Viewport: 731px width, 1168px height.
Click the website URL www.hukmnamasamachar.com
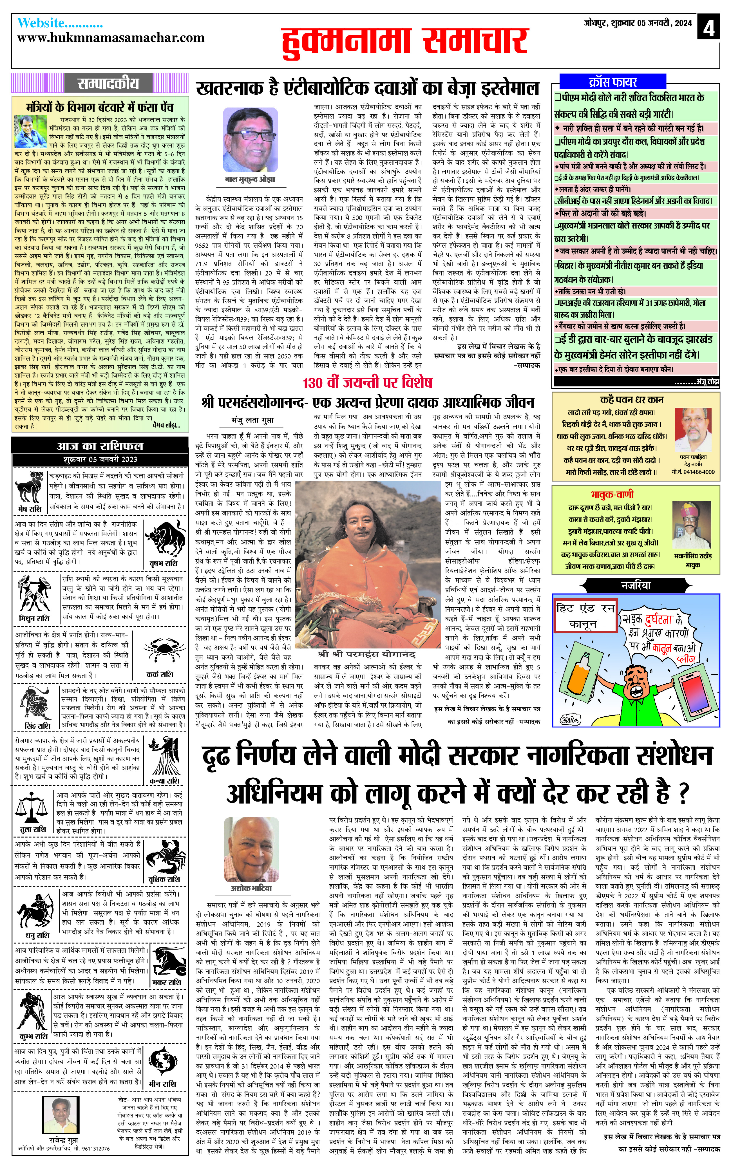[x=111, y=38]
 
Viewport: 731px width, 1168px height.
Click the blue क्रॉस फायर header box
[x=612, y=81]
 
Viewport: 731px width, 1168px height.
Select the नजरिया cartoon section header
[x=636, y=585]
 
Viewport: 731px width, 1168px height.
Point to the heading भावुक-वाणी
[x=612, y=494]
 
